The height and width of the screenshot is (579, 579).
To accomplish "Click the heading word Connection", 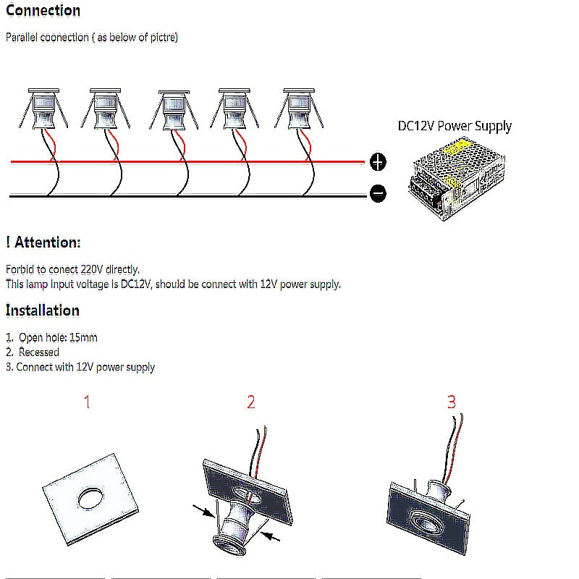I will [x=43, y=11].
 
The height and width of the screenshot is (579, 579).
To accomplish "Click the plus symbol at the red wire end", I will [x=378, y=162].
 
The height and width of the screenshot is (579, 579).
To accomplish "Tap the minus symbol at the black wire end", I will [x=378, y=193].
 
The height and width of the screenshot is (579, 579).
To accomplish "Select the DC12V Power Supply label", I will [x=455, y=126].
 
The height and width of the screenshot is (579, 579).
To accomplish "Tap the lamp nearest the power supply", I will [x=297, y=109].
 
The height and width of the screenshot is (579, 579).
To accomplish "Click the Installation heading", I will [x=43, y=310].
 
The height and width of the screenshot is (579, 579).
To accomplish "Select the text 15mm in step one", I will [x=85, y=337].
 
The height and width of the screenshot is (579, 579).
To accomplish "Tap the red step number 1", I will [x=88, y=402].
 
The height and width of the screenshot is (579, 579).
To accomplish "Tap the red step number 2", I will [x=251, y=402].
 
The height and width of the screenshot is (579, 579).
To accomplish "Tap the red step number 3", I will [x=452, y=402].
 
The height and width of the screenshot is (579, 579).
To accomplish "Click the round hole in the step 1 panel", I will [x=91, y=497].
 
